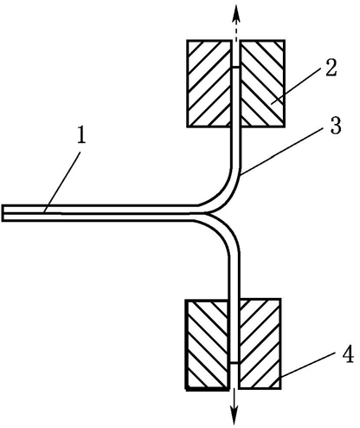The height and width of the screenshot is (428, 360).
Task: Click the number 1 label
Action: [x=81, y=135]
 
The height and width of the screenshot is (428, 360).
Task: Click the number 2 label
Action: [x=331, y=68]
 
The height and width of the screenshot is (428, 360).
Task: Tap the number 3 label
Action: [x=336, y=126]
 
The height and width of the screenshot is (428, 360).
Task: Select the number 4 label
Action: [x=348, y=354]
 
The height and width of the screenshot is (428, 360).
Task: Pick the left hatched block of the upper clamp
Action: [x=209, y=83]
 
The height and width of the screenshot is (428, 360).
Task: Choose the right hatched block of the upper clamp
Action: [x=263, y=83]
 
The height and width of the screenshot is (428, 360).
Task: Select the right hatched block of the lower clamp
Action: [x=260, y=344]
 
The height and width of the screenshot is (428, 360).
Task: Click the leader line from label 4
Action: [x=309, y=366]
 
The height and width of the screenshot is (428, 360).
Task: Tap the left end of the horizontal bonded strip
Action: [x=3, y=213]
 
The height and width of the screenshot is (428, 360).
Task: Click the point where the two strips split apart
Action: [x=205, y=213]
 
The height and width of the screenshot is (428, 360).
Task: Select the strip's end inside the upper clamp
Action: [x=236, y=68]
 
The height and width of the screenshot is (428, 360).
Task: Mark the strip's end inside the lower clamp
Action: [x=235, y=363]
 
